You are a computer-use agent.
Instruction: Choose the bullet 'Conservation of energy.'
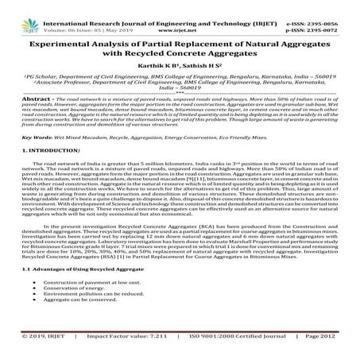[70, 311]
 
